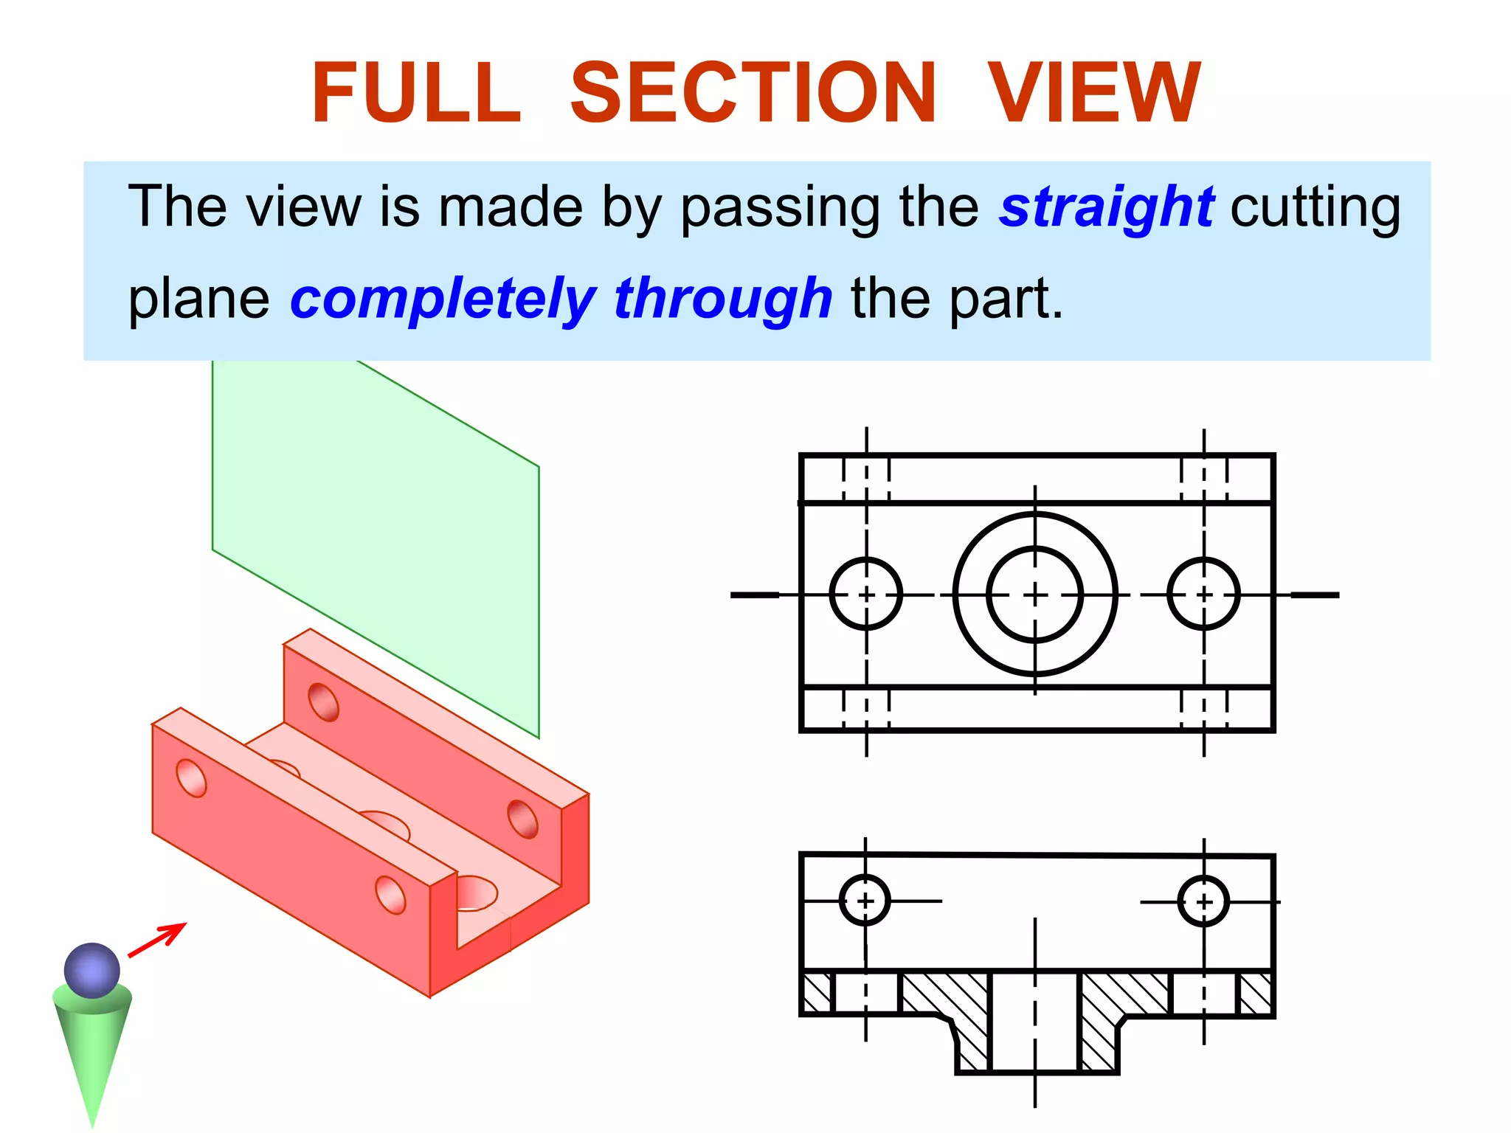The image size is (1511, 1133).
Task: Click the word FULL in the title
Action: pos(417,94)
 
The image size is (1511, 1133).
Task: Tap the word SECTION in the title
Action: pos(753,94)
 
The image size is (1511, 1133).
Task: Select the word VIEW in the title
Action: pos(1094,94)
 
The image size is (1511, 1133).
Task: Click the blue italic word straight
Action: pos(1107,207)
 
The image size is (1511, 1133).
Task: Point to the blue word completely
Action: pos(443,299)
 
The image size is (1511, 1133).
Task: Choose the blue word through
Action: pos(723,299)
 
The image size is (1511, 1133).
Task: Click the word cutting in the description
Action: pos(1315,207)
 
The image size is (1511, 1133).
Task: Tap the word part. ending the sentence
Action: pos(1006,299)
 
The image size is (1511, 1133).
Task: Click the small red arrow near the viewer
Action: pos(158,939)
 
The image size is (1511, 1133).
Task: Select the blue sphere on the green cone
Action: pos(92,970)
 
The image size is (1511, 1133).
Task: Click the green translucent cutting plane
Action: pos(376,516)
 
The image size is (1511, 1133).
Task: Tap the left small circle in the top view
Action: pos(866,594)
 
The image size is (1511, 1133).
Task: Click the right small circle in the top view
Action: pos(1203,594)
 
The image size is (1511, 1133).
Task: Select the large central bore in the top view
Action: pos(1035,594)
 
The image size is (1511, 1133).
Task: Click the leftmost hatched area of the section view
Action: pos(817,994)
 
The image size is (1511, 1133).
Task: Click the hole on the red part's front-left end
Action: pos(192,778)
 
